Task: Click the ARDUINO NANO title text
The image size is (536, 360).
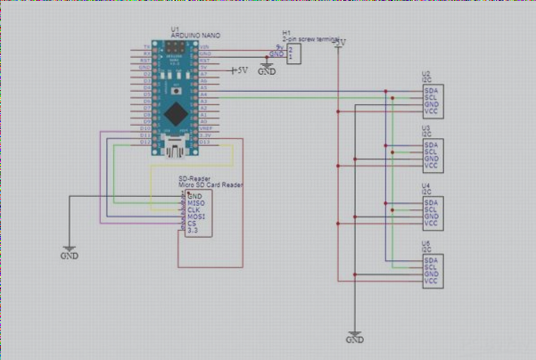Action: (195, 35)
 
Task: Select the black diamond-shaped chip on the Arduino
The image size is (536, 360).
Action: (177, 113)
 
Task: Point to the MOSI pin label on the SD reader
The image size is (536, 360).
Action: (194, 217)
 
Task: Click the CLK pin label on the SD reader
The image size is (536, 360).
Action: (194, 209)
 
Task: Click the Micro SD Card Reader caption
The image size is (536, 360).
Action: (211, 184)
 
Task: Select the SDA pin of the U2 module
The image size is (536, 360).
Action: (431, 89)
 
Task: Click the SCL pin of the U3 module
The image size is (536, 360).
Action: (431, 151)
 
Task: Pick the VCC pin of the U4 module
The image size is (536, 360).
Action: (431, 224)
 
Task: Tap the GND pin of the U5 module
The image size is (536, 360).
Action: (431, 274)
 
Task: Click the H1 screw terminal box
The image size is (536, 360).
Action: (293, 53)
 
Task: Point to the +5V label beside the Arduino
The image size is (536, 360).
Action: (238, 70)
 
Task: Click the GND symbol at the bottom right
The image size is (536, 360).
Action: (354, 340)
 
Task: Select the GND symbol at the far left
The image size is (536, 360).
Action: (70, 253)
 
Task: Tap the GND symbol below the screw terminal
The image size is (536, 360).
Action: (266, 70)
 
